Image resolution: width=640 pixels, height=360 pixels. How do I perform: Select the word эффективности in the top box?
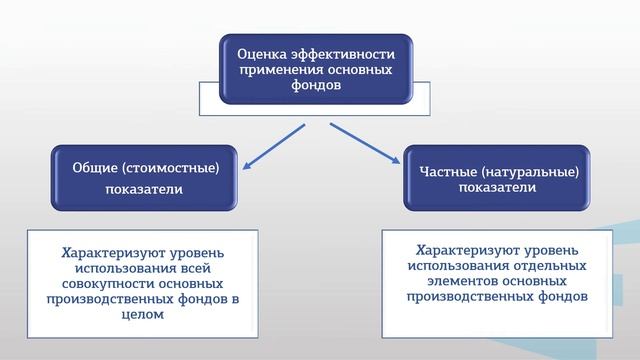coord(341,53)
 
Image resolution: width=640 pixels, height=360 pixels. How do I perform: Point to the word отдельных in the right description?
coord(552,263)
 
